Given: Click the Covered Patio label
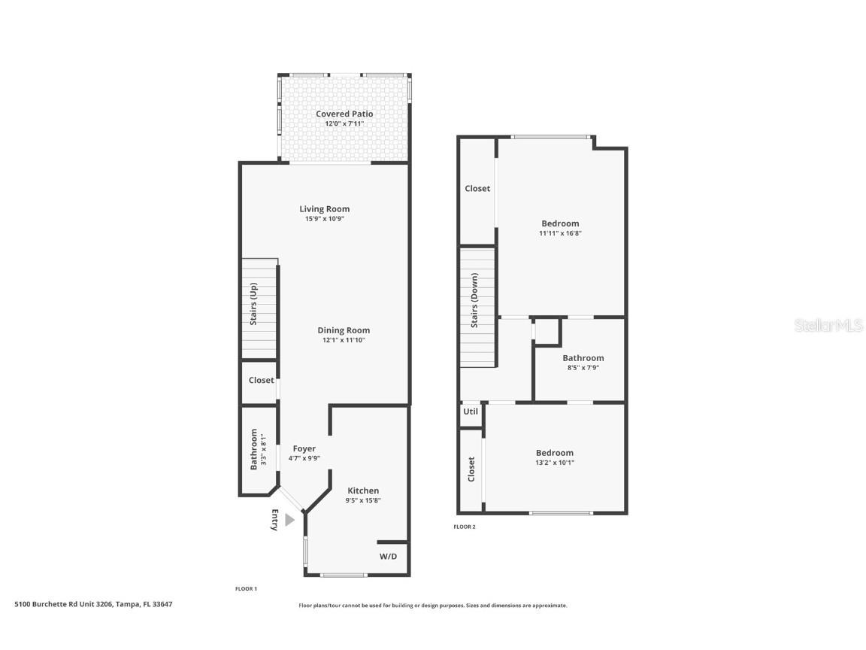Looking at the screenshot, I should point(344,114).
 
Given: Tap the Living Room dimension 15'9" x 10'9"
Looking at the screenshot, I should point(324,219).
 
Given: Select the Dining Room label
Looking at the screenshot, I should point(344,330).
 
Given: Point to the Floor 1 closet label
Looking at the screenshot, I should point(261,381).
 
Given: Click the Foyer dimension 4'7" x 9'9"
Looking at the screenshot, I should point(304,458).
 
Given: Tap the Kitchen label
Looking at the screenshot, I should point(363,491).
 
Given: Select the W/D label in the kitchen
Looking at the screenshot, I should point(388,557).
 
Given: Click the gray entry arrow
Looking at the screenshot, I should point(289,520).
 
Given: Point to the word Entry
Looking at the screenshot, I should point(274,521).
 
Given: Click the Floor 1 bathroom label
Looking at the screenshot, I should point(254,449).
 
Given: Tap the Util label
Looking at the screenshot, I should point(471,412).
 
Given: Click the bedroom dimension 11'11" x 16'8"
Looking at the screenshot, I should point(560,233).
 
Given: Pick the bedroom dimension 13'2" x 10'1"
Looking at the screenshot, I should point(555,463).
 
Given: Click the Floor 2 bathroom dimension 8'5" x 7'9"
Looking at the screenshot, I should point(583,368).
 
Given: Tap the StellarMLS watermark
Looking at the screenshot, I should point(829,326).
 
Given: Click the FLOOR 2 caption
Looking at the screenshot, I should point(465,527).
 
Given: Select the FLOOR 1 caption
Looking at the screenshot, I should point(246,589).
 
